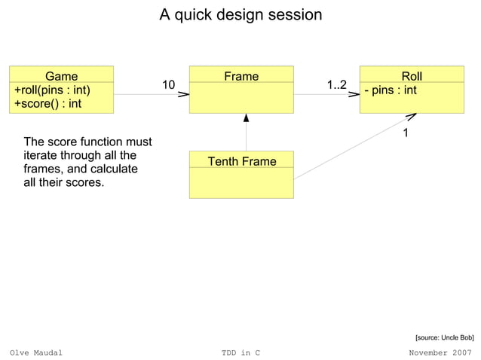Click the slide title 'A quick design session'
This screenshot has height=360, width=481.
[x=240, y=15]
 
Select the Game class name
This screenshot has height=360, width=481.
[x=61, y=76]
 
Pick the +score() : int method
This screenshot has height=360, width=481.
[x=47, y=103]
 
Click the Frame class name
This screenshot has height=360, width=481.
[x=241, y=76]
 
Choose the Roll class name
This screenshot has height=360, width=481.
[x=412, y=76]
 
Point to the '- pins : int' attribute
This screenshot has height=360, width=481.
[x=391, y=90]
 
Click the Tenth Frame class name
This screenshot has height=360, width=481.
[x=241, y=161]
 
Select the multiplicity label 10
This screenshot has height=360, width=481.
[x=169, y=85]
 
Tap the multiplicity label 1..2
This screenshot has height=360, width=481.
[x=336, y=85]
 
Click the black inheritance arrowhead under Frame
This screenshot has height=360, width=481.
[x=246, y=118]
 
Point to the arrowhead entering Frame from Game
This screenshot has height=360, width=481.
[x=183, y=95]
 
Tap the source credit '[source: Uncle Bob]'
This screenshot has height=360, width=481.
[x=444, y=338]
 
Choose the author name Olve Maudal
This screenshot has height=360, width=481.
[x=36, y=352]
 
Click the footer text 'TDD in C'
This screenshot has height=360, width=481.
[x=240, y=352]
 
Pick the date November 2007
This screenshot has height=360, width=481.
[x=440, y=352]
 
